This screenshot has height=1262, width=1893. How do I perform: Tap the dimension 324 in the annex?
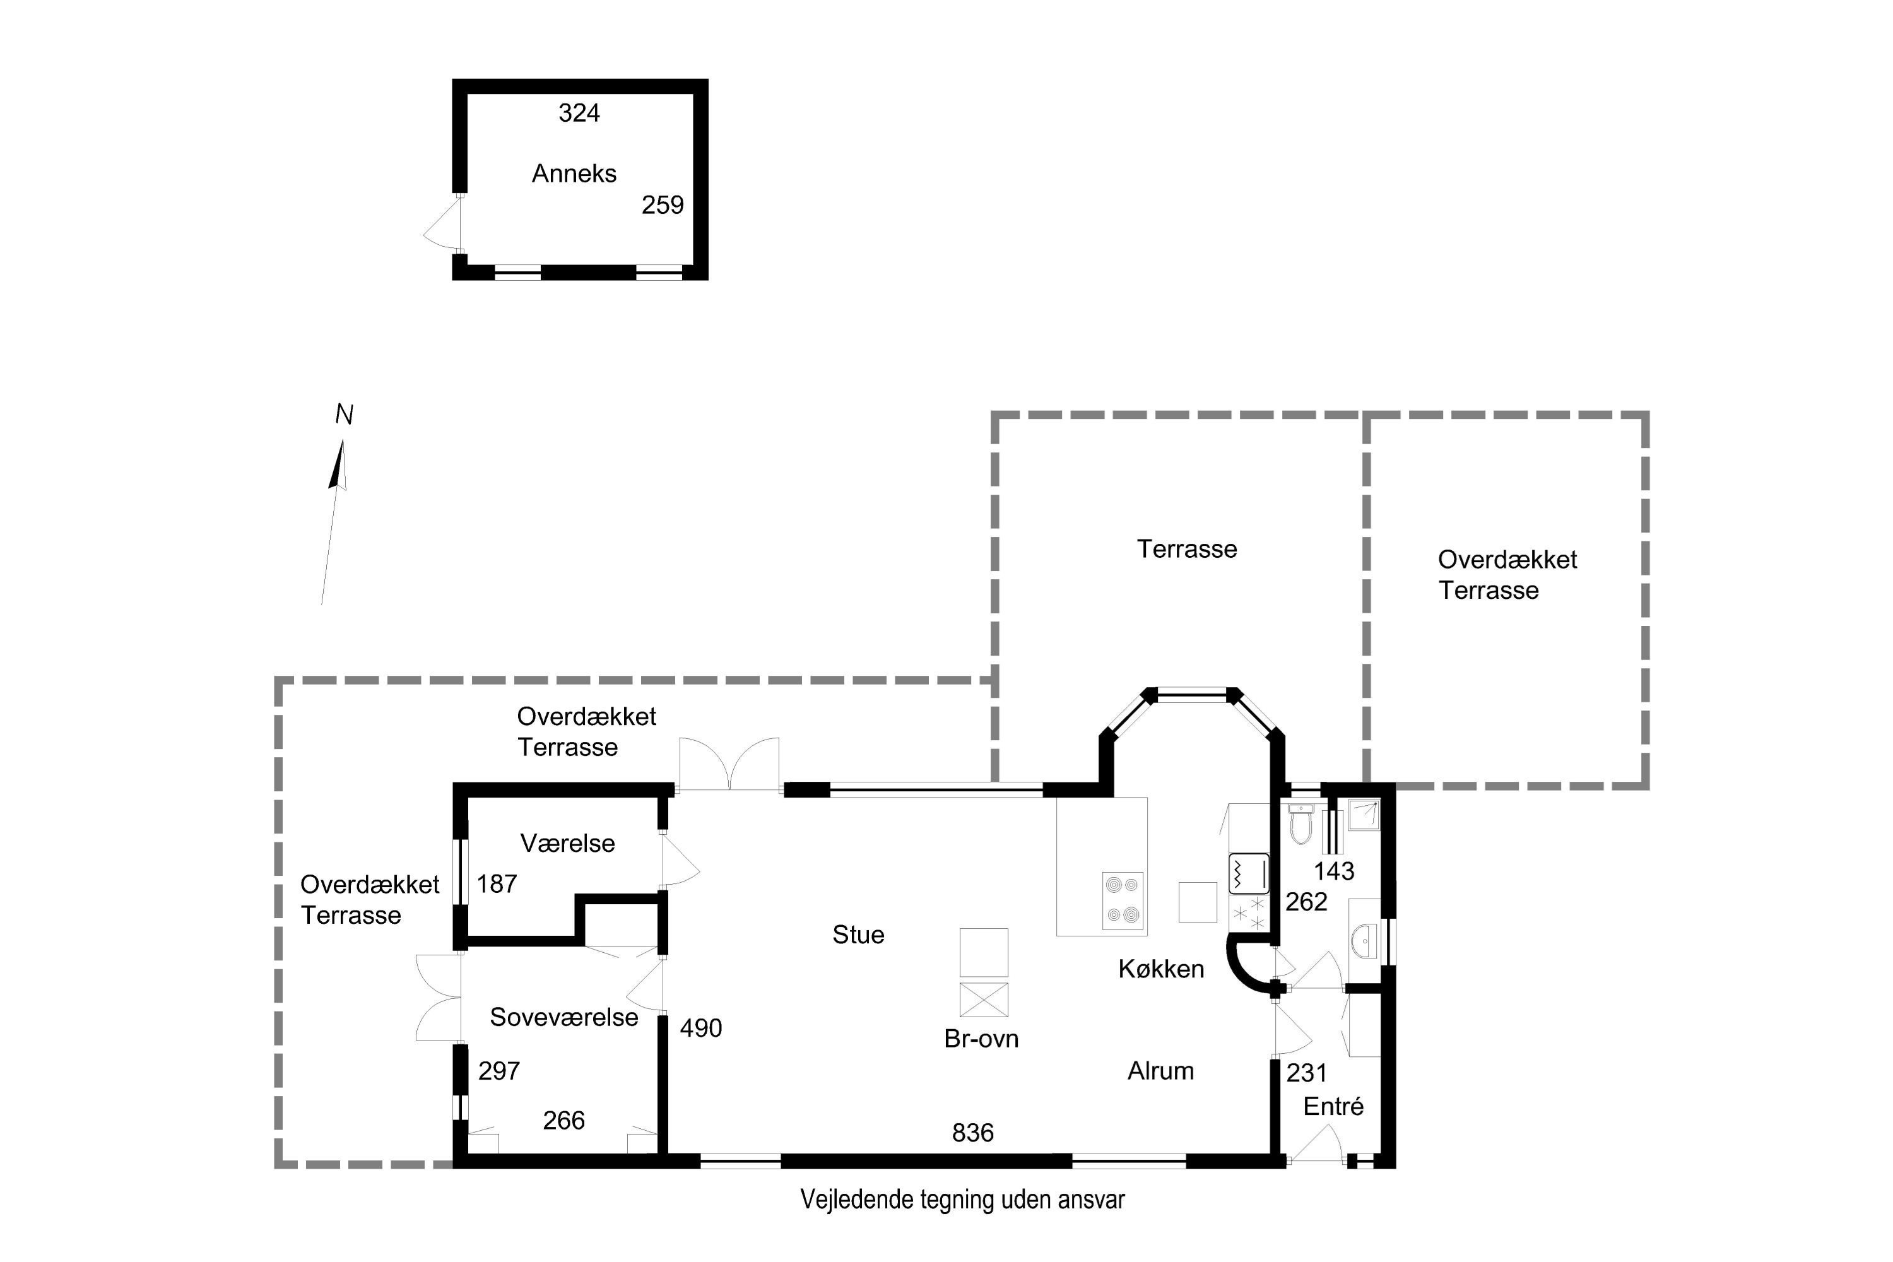coord(579,113)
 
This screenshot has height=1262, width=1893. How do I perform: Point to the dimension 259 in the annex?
coord(663,205)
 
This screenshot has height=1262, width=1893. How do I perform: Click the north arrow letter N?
coord(345,415)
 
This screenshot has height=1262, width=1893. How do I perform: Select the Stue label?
coord(858,935)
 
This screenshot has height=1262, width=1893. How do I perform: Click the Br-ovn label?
coord(981,1039)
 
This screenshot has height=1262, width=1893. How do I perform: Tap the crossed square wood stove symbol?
coord(984,1000)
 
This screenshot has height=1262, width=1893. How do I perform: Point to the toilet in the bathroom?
coord(1300,823)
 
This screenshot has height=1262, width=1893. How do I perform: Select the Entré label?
coord(1334,1107)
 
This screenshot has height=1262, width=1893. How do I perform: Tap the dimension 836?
coord(972,1133)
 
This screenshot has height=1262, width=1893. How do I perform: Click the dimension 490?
coord(701,1029)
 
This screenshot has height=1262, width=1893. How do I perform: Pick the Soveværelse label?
coord(563,1017)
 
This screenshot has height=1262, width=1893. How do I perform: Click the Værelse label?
coord(567,844)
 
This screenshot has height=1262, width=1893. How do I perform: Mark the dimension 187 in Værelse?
coord(497,885)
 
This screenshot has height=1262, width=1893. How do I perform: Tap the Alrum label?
coord(1160,1071)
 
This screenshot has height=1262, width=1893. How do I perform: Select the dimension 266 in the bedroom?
coord(563,1121)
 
